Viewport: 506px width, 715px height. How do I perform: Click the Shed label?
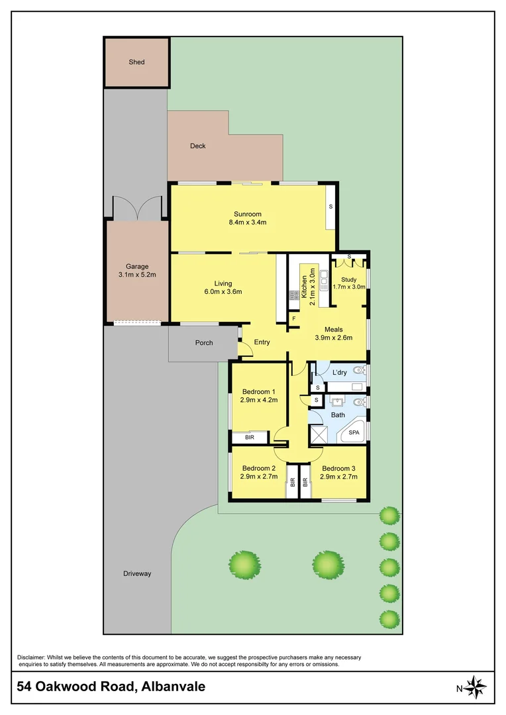[136, 62]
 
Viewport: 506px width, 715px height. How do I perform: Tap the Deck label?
[197, 146]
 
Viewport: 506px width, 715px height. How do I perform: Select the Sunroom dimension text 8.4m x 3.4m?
[248, 222]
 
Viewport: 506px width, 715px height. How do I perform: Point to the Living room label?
[223, 283]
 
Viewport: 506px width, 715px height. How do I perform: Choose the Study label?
[348, 280]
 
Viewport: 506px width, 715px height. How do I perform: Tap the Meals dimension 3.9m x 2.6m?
[333, 338]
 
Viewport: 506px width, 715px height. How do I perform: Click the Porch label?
[204, 343]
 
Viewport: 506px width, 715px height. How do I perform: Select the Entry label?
[262, 342]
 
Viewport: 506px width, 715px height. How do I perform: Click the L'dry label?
[338, 373]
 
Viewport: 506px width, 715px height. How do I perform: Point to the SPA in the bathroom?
[354, 432]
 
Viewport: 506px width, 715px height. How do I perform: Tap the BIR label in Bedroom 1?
[249, 438]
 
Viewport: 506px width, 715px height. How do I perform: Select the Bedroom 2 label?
[258, 467]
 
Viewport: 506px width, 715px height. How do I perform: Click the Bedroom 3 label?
[339, 467]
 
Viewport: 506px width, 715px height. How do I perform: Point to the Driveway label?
[136, 573]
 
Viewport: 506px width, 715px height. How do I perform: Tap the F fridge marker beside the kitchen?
[294, 319]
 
